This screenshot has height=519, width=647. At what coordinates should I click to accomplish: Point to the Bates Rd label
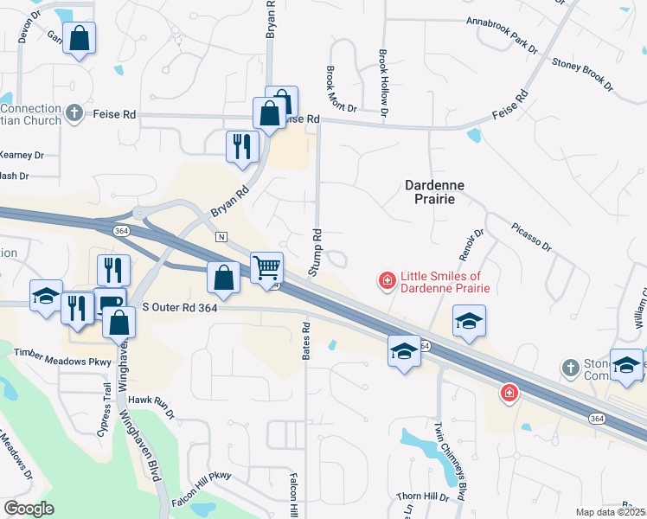pos(306,341)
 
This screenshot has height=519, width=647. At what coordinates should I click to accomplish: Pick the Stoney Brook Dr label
pos(581,75)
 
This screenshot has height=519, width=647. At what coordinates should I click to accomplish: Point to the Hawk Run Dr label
pos(151,402)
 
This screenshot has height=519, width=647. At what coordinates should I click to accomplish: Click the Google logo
pos(29,509)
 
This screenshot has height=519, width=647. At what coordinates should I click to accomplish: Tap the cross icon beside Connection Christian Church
pos(74,112)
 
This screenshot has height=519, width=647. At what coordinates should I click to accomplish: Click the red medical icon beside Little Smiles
pos(387,279)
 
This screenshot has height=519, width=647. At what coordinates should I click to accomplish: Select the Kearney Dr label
pos(22,155)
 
